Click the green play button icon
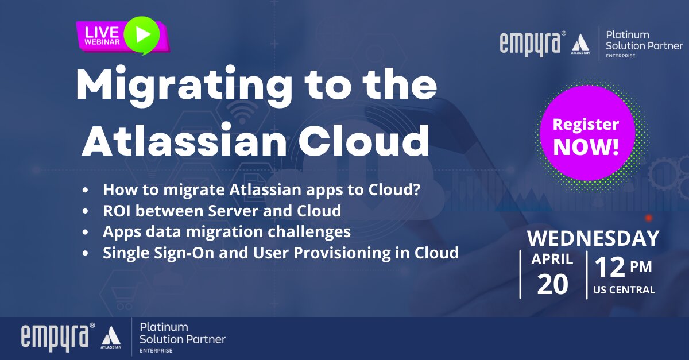[x=142, y=34]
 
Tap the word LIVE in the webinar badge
[x=102, y=32]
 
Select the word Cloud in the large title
[x=363, y=140]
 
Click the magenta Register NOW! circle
[x=587, y=133]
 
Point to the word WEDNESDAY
[x=593, y=238]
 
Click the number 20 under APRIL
[x=553, y=284]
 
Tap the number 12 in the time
[x=610, y=267]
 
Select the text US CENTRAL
[x=624, y=289]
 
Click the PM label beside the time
[x=641, y=266]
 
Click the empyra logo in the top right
[x=533, y=44]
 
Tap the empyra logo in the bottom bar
[x=58, y=337]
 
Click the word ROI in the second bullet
[x=117, y=211]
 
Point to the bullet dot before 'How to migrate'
[x=85, y=190]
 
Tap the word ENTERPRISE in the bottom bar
[x=156, y=350]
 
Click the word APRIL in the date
[x=552, y=259]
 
